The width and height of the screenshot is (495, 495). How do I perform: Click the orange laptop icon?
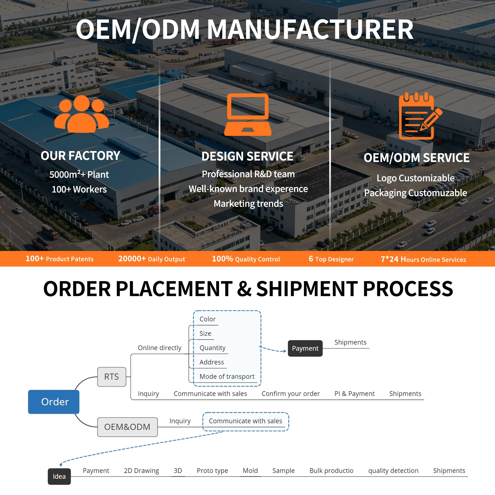click(248, 115)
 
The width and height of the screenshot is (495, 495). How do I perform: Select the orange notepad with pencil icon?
click(420, 116)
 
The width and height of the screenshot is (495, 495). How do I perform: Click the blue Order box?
click(53, 402)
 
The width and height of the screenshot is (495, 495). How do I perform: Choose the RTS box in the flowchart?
click(112, 377)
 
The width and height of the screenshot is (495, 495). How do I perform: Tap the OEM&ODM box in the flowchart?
click(127, 427)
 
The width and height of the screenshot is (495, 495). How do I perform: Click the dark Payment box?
click(305, 348)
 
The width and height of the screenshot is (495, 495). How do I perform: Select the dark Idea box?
click(59, 476)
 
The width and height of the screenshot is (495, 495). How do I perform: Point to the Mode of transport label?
click(227, 376)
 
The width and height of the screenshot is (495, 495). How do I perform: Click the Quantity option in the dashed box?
click(212, 348)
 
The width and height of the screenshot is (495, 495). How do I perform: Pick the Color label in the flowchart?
click(208, 319)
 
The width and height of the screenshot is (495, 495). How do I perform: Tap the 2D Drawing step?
click(141, 471)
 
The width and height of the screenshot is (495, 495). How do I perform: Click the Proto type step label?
click(212, 471)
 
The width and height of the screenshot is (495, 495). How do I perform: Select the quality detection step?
click(393, 471)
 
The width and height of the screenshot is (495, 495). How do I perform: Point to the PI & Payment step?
click(354, 394)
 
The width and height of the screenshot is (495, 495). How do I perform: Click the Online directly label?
click(160, 348)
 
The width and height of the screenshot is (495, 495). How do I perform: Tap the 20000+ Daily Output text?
click(152, 259)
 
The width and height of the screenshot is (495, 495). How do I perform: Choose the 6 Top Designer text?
click(331, 259)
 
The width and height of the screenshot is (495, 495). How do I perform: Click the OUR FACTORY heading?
click(80, 155)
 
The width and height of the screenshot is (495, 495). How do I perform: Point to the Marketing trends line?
click(248, 204)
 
